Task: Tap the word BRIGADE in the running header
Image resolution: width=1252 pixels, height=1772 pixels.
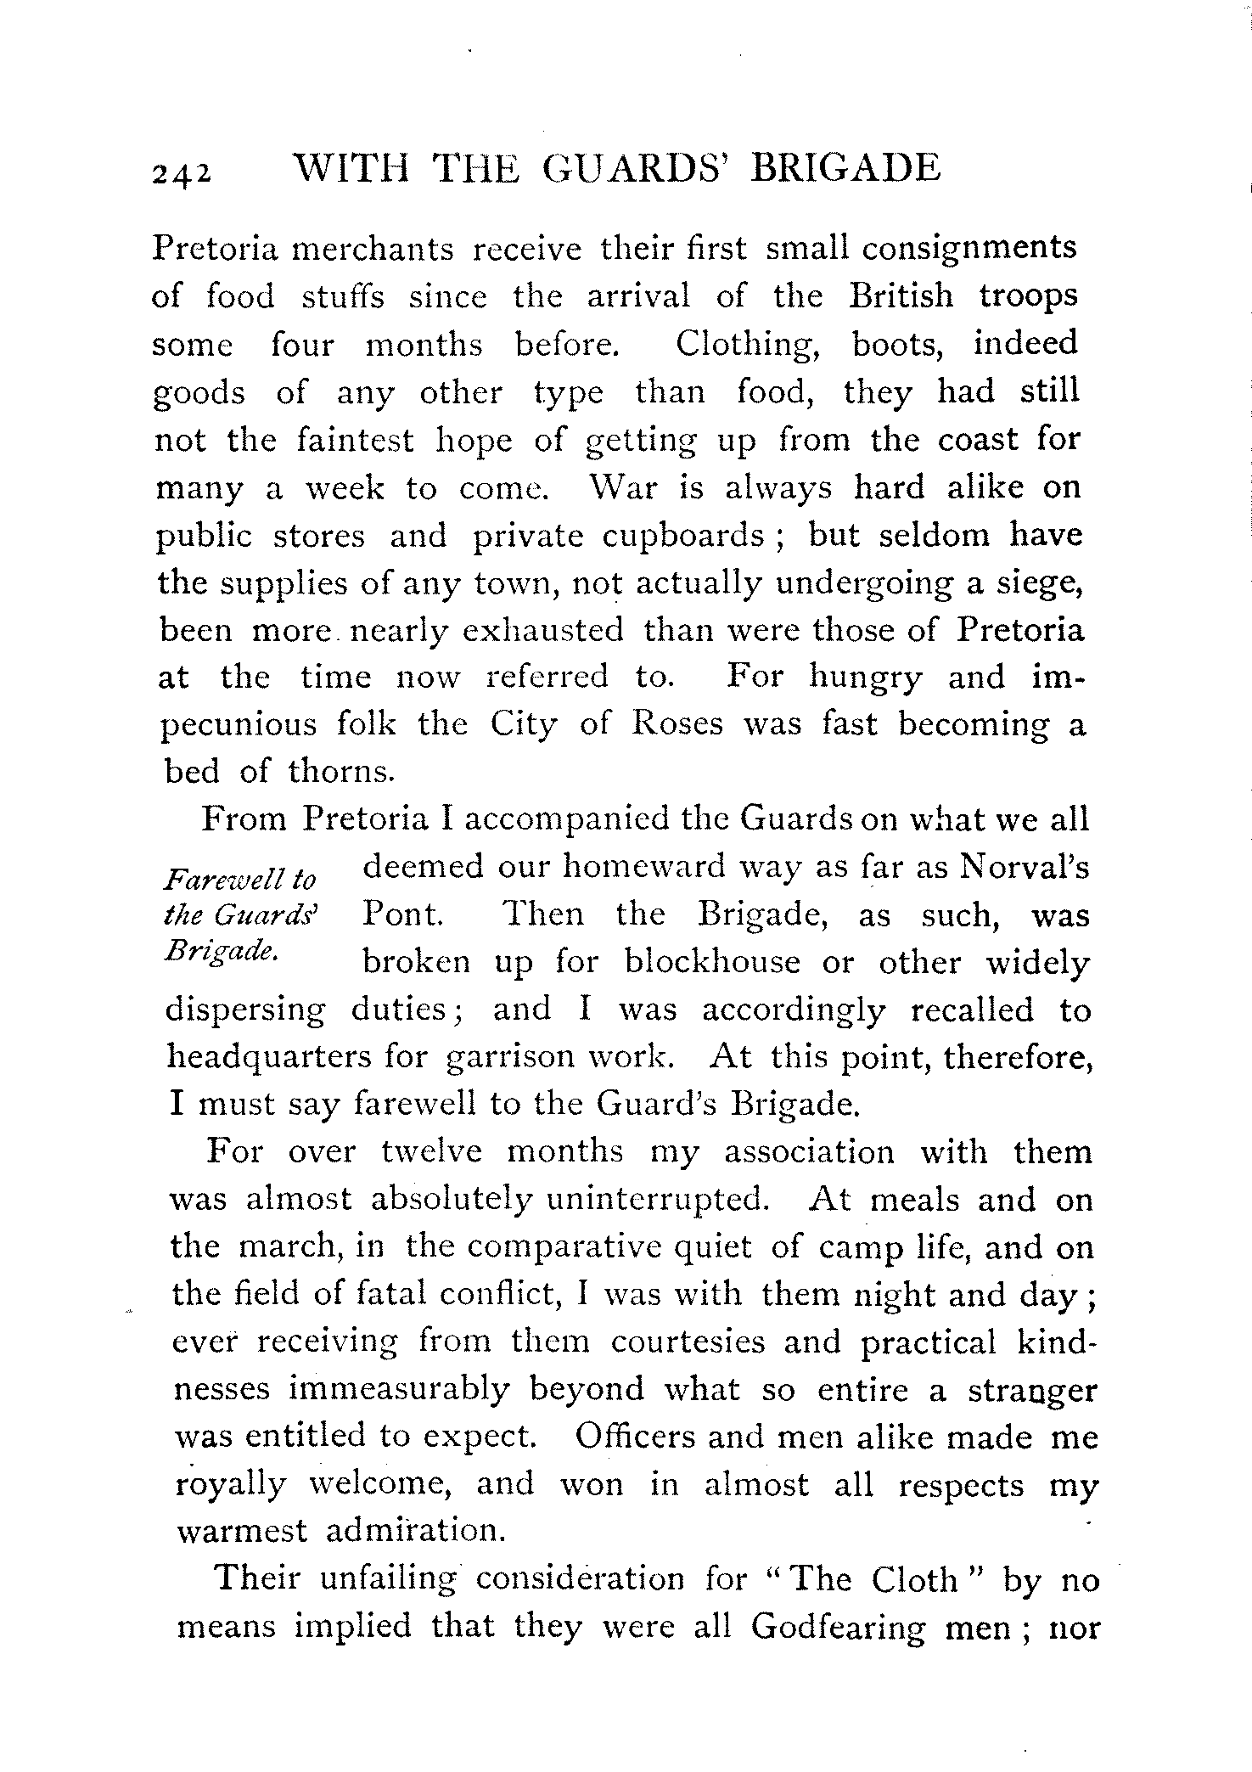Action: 846,168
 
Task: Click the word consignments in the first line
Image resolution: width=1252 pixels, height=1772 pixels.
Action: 969,248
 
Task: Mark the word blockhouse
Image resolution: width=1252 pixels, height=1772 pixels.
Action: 711,964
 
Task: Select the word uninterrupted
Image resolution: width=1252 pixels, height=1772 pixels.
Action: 657,1199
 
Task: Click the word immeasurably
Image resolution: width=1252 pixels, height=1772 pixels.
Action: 399,1390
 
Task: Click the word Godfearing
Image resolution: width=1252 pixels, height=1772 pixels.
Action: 838,1628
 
